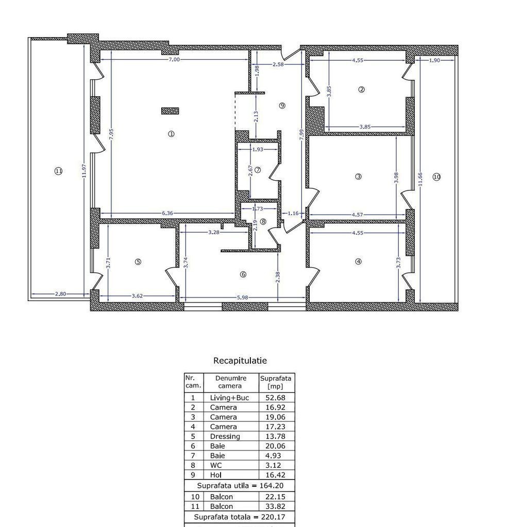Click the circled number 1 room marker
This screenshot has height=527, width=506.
click(171, 134)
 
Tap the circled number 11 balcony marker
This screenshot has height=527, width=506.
click(59, 171)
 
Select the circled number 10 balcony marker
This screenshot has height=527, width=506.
click(436, 177)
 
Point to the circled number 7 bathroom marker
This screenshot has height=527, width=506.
click(258, 170)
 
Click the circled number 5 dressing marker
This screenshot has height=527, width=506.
click(138, 262)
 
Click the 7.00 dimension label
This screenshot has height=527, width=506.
click(174, 60)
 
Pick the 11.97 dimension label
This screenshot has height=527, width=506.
click(84, 171)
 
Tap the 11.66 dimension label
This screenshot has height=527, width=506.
click(420, 179)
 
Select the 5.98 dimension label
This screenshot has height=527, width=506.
click(243, 297)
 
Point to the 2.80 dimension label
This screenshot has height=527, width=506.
click(61, 294)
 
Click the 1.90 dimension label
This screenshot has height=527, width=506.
click(435, 60)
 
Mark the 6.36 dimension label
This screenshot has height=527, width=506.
click(167, 213)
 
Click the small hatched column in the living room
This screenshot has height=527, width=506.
click(170, 111)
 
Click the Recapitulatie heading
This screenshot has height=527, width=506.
click(240, 361)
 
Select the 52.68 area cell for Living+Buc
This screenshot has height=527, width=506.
click(276, 398)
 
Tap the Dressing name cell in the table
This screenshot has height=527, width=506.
click(225, 436)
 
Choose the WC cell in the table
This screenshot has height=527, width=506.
click(216, 465)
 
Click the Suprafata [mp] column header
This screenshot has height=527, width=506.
click(276, 382)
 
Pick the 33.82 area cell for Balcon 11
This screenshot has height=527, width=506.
click(276, 506)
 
